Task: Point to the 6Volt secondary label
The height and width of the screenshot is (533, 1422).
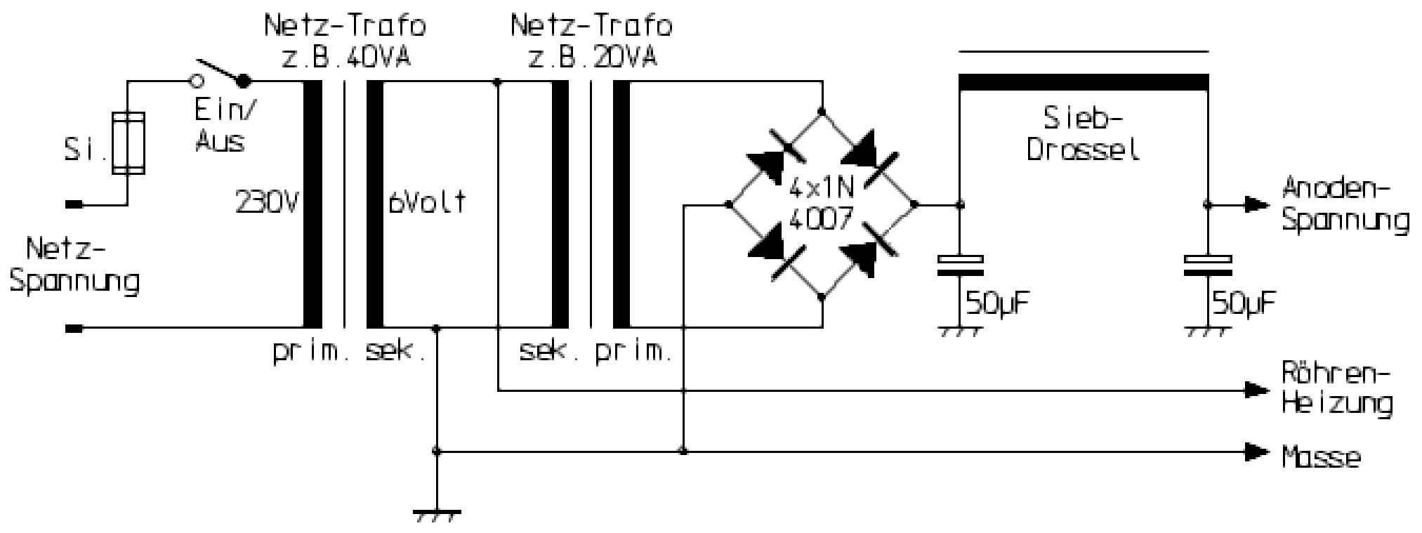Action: [427, 203]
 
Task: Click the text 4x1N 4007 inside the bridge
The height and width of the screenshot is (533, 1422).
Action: [821, 205]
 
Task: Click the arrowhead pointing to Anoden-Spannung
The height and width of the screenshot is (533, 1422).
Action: [1256, 205]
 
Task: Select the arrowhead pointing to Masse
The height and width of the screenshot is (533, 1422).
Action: [1256, 452]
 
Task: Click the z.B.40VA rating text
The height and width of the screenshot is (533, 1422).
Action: [345, 56]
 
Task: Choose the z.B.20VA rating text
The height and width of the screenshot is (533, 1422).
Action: [591, 56]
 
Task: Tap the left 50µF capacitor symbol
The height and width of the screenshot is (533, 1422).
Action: [961, 264]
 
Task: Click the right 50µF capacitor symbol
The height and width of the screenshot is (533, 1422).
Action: [1207, 264]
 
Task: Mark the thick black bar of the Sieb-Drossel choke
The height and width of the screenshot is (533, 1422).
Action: [1084, 83]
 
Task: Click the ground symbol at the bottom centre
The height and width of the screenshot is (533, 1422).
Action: [437, 515]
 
